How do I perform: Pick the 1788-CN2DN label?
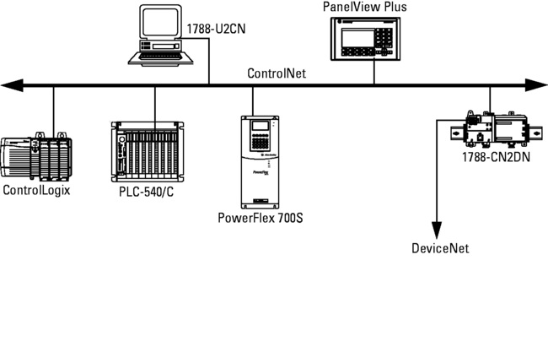(495, 156)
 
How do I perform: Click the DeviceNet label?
(439, 248)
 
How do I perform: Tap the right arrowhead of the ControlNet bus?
(538, 84)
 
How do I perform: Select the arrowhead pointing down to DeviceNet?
(437, 229)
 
